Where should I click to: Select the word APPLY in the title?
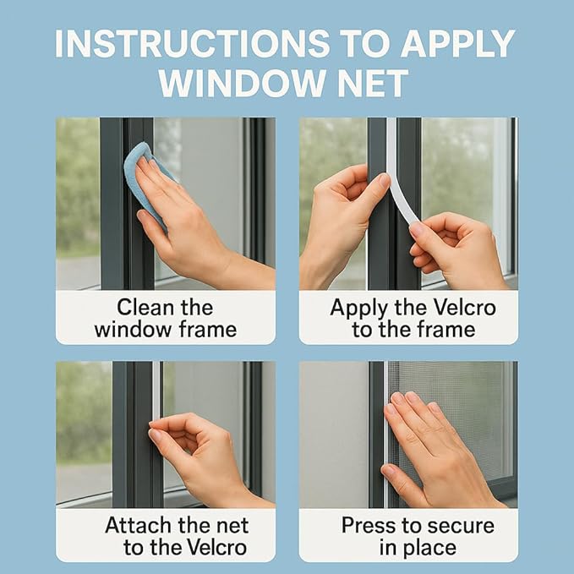(x=458, y=44)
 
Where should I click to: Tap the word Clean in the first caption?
(x=145, y=307)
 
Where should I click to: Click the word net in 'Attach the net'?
(x=232, y=527)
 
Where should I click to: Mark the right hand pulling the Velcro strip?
(x=457, y=249)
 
